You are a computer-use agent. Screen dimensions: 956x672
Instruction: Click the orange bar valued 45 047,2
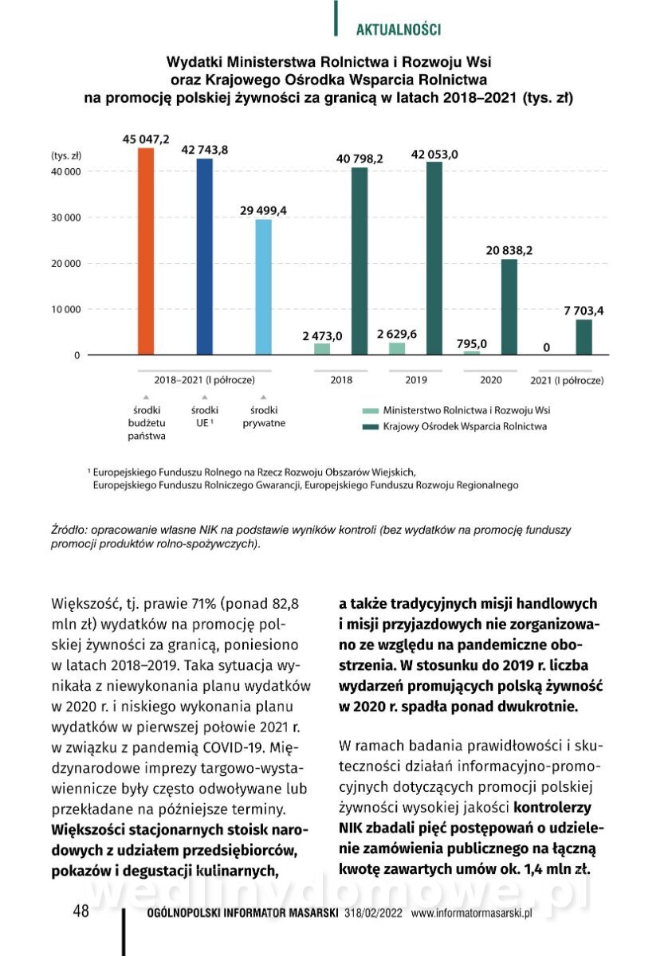pos(146,251)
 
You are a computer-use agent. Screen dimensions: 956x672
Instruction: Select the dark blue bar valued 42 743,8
pos(205,257)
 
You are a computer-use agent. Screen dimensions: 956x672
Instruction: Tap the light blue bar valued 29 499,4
pos(263,287)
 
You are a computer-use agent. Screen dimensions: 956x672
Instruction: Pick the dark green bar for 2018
pos(360,261)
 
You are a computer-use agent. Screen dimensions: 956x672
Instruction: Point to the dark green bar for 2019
pos(434,258)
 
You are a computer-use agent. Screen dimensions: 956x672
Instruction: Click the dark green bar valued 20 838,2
pos(509,307)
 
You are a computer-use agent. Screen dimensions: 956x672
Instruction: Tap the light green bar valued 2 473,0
pos(322,349)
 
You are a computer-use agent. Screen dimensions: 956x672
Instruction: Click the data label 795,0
pos(472,344)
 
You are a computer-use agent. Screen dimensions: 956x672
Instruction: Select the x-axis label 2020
pos(490,381)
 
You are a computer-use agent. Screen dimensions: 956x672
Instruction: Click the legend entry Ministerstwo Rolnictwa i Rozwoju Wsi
pos(466,410)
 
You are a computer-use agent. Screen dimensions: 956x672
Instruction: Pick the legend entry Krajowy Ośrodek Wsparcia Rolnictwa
pos(465,427)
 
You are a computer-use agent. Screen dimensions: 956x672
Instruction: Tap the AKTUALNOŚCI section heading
pos(398,30)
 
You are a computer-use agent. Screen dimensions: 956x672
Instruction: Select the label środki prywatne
pos(264,417)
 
